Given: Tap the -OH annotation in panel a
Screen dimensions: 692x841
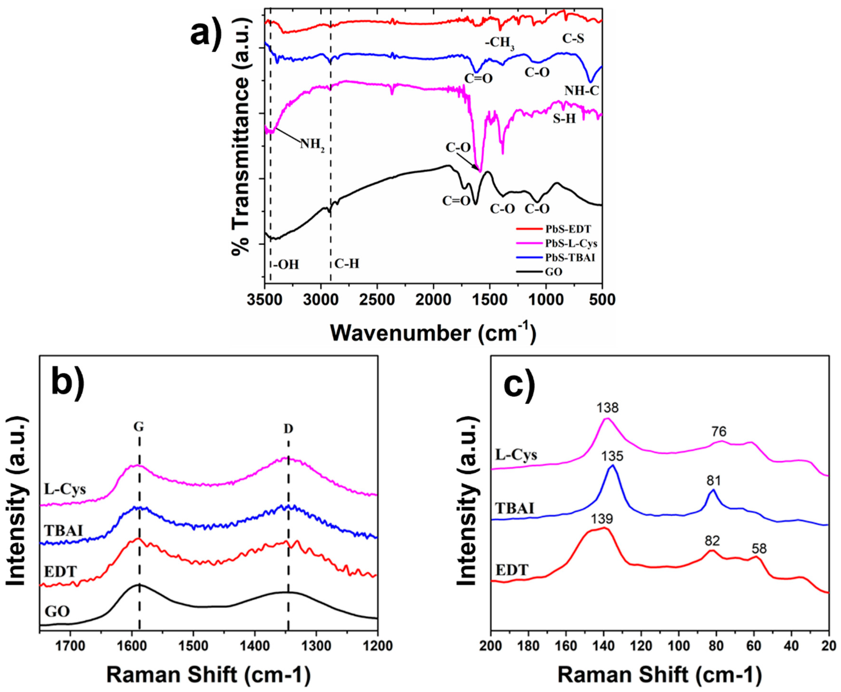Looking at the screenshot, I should tap(286, 264).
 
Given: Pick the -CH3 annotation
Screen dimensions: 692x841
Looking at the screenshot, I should tap(500, 43).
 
